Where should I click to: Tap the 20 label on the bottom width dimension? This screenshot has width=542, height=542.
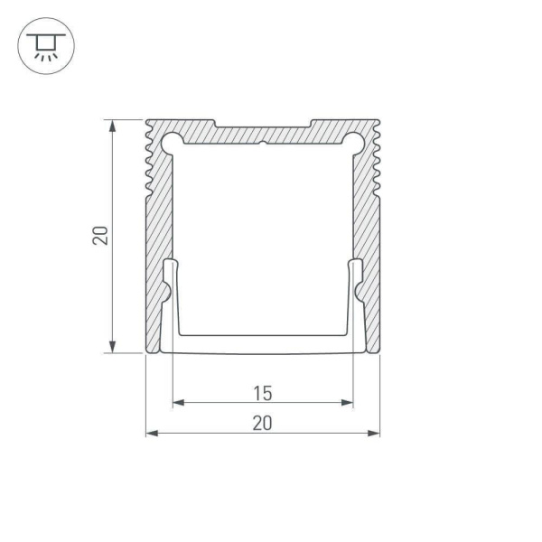pyautogui.click(x=262, y=422)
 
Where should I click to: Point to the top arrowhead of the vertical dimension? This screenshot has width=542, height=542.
pyautogui.click(x=112, y=125)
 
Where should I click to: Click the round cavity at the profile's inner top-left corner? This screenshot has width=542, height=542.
pyautogui.click(x=172, y=139)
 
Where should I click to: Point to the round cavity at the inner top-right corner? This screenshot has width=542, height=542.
pyautogui.click(x=354, y=139)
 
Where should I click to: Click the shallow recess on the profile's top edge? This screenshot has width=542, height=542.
pyautogui.click(x=262, y=124)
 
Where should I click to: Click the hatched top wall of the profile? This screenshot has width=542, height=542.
pyautogui.click(x=262, y=134)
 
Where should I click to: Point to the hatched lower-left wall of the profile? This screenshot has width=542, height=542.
pyautogui.click(x=154, y=307)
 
